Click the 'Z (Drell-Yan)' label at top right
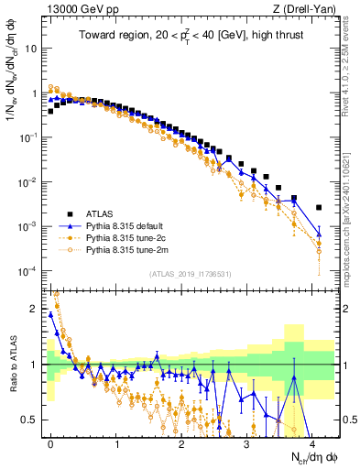pos(308,10)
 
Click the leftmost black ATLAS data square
pos(51,112)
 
